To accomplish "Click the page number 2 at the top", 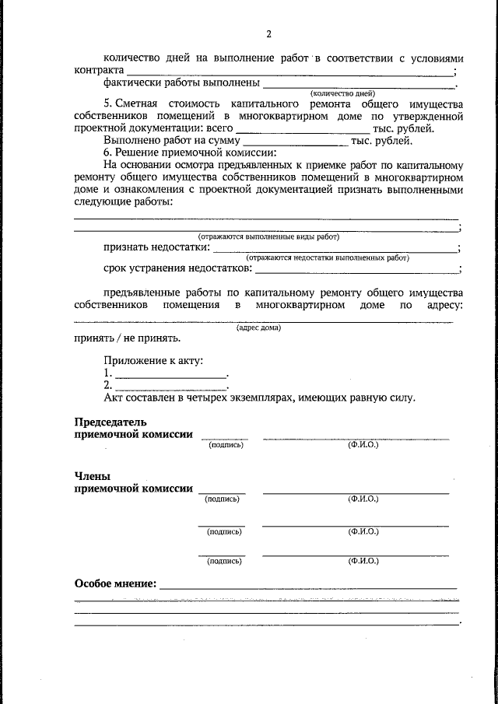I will point(268,34).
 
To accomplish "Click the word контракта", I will point(97,70).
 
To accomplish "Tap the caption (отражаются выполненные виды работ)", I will point(268,236).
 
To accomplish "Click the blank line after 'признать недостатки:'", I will point(335,248).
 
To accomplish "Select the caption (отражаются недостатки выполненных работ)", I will point(328,257).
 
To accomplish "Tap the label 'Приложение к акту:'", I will point(154,361).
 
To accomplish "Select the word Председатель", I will point(110,422).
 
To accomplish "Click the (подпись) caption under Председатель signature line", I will point(226,446).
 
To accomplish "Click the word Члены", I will point(91,476).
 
